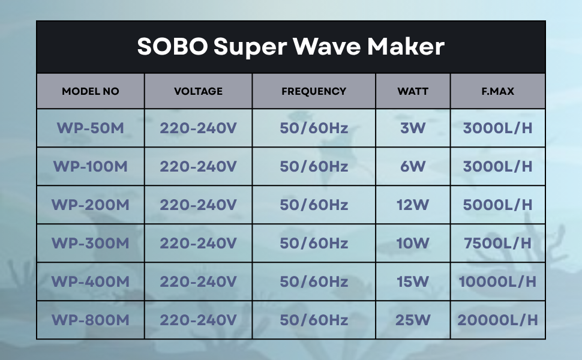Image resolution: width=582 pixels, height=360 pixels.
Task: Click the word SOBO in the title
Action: coord(172,46)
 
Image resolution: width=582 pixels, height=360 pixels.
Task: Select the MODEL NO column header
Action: coord(91,91)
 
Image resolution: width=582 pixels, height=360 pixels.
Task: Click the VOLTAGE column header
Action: coord(198,91)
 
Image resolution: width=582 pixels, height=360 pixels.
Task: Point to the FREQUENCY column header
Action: coord(314,91)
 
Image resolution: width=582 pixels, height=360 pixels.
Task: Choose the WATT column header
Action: coord(413,91)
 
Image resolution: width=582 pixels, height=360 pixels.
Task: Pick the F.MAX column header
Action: coord(498,91)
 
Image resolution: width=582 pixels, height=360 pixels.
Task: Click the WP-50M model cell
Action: coord(90,128)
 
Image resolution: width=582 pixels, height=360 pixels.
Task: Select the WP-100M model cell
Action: coord(90,166)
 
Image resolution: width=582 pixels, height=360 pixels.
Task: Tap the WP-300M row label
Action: coord(90,243)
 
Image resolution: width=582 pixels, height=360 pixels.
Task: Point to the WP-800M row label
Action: coord(90,320)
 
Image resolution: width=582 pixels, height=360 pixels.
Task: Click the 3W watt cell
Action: coord(413,128)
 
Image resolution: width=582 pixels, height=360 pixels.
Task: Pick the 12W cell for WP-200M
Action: coord(413,205)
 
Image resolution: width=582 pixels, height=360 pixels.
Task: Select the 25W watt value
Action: coord(413,320)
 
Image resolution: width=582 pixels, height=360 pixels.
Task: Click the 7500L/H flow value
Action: coord(498,243)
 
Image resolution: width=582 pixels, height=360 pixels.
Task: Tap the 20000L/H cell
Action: coord(498,320)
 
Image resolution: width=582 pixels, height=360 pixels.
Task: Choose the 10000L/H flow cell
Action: coord(498,281)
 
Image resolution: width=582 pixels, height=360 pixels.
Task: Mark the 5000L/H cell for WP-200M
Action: coord(498,205)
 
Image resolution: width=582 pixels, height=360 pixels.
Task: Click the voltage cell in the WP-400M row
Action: coord(198,281)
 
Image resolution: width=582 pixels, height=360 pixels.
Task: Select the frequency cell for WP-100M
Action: coord(314,166)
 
